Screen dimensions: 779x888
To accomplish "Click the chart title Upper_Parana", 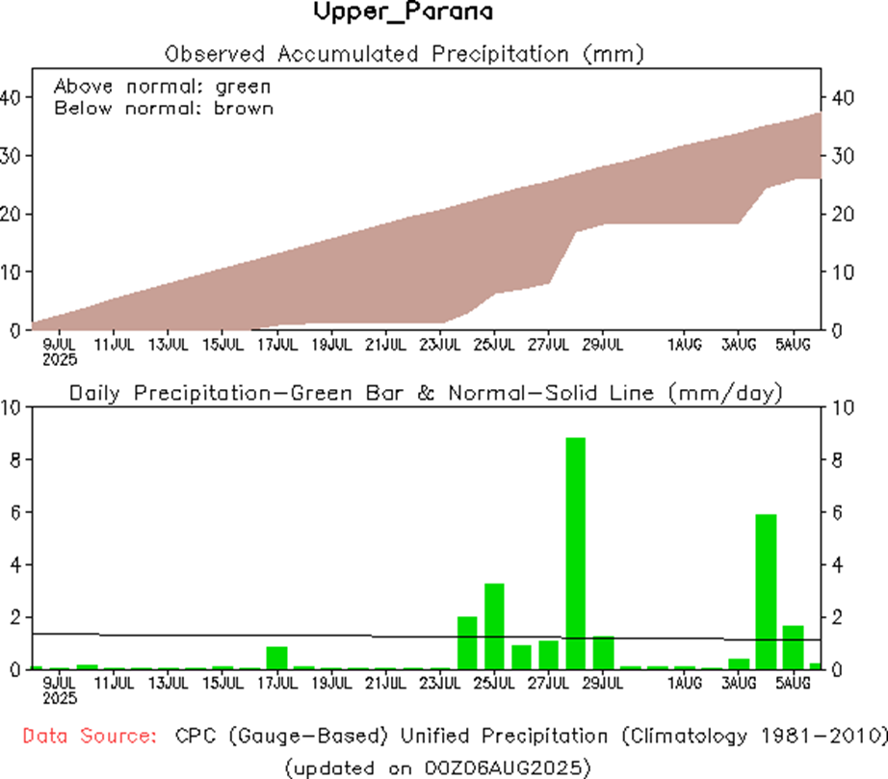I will tap(404, 13).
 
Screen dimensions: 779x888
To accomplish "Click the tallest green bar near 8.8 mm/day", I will tap(575, 553).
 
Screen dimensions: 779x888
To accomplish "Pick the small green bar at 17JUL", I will tap(276, 658).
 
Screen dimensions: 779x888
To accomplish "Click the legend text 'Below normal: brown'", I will tap(163, 108).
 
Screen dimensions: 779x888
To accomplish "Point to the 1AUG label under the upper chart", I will tap(685, 343).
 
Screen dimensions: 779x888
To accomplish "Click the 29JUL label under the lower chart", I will tap(603, 683).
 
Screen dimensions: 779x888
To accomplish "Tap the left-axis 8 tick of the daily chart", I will tap(15, 460).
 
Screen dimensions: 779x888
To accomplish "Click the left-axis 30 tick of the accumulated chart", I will tap(15, 156).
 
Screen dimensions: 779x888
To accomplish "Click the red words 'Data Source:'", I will tap(90, 737).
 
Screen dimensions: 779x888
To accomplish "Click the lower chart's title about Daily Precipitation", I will tap(425, 392).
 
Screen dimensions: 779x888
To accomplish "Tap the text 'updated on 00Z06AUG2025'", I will tap(437, 766).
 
